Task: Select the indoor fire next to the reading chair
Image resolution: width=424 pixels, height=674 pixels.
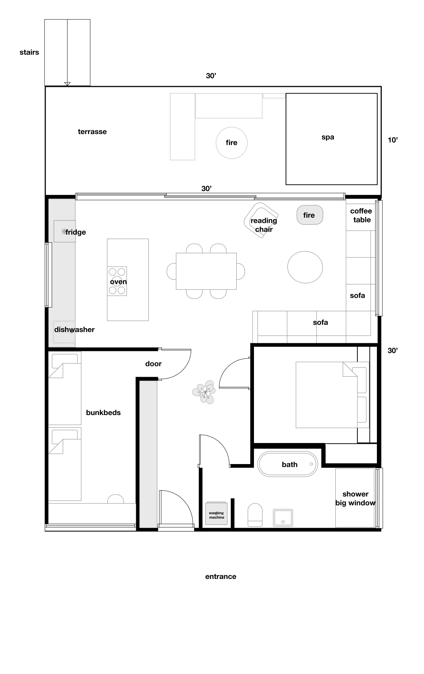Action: [x=310, y=215]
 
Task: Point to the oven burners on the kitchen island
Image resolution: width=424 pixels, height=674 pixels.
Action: [x=117, y=281]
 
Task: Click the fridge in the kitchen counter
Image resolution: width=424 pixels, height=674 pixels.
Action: [x=65, y=231]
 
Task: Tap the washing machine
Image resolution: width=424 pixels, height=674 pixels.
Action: [x=216, y=513]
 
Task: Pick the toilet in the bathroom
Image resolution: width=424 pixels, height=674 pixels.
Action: [x=255, y=515]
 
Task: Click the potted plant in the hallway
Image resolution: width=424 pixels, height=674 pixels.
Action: [x=204, y=392]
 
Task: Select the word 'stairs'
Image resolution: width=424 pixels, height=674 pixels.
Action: [x=29, y=52]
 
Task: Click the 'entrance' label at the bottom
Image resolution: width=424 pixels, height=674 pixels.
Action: [x=221, y=576]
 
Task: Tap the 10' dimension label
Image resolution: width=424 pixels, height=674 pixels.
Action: [x=393, y=140]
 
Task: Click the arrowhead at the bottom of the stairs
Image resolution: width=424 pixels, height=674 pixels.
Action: [x=67, y=84]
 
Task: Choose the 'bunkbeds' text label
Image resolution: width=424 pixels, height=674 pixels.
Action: [x=103, y=413]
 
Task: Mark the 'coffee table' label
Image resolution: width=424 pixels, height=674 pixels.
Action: [x=361, y=215]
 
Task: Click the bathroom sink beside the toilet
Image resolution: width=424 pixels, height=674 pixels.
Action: [x=283, y=518]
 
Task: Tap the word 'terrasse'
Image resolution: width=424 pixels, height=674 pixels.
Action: [x=92, y=131]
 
